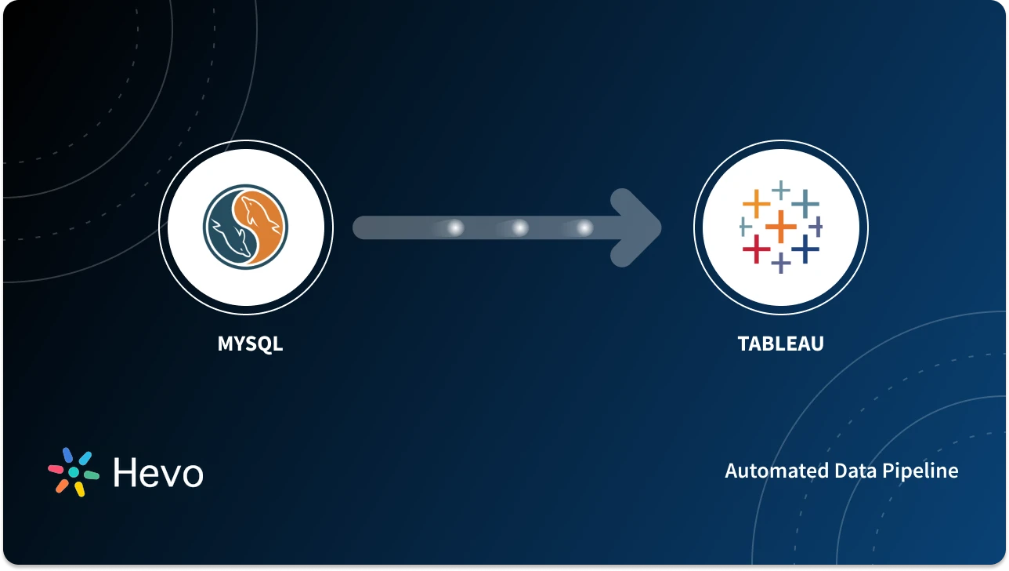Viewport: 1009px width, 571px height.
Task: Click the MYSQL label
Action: [x=250, y=344]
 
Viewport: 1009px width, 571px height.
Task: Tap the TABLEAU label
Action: [x=780, y=344]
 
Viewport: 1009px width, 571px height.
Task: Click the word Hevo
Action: [x=157, y=473]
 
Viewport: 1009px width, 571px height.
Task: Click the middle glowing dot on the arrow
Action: [x=519, y=227]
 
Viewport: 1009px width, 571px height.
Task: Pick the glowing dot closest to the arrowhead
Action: [x=584, y=227]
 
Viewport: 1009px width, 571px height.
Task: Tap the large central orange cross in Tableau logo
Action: [x=781, y=227]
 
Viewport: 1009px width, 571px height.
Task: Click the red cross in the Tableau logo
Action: [x=756, y=249]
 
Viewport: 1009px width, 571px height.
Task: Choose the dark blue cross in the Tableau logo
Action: [x=805, y=249]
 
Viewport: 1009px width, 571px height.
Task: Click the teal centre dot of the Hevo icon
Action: [x=74, y=472]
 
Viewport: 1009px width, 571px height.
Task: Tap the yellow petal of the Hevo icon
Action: [x=79, y=489]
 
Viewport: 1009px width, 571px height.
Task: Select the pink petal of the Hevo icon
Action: [x=56, y=468]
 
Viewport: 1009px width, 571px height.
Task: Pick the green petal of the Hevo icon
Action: [x=91, y=475]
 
